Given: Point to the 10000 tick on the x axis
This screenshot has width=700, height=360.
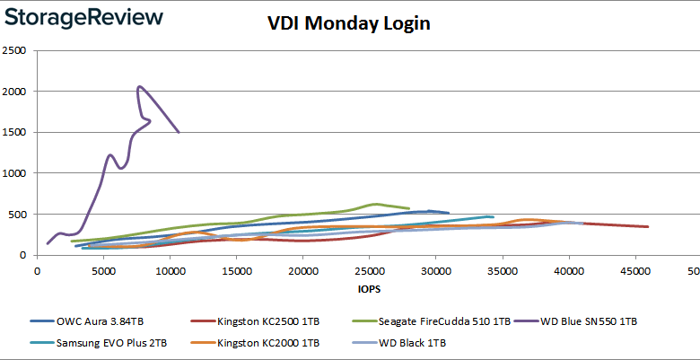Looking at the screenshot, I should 170,271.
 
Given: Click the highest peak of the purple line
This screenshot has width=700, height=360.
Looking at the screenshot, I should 139,87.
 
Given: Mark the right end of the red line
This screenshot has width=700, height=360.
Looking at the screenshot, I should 648,226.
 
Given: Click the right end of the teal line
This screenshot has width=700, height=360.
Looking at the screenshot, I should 493,216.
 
